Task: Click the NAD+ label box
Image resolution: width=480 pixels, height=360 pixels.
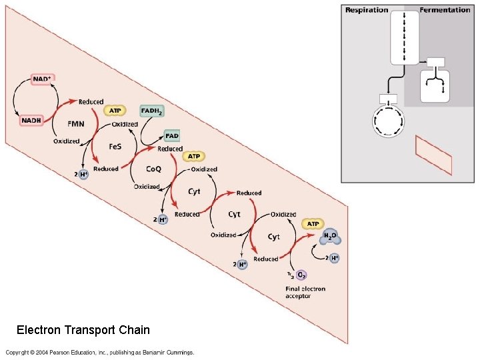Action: point(41,79)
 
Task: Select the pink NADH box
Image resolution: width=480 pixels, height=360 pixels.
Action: point(31,120)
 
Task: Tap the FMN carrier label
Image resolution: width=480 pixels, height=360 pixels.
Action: point(76,123)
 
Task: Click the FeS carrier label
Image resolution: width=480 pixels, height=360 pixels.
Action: point(115,146)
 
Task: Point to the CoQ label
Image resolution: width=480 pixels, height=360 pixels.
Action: point(153,169)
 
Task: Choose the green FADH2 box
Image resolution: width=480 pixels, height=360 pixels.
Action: point(151,111)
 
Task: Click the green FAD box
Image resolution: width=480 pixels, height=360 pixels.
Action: point(172,136)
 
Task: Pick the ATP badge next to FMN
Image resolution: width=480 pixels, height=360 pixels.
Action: point(114,111)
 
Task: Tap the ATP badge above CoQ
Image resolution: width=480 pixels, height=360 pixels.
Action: point(193,157)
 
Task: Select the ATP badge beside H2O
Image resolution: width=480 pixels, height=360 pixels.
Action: point(313,223)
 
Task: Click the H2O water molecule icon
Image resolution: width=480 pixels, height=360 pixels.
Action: point(331,237)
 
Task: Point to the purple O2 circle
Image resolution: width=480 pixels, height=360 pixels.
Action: point(301,274)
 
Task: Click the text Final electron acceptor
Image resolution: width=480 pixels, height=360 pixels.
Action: point(298,292)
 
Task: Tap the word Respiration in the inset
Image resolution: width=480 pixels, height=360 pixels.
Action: point(366,10)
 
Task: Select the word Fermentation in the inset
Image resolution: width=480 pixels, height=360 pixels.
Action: point(445,10)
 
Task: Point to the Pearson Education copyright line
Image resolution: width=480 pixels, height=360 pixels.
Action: point(100,352)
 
